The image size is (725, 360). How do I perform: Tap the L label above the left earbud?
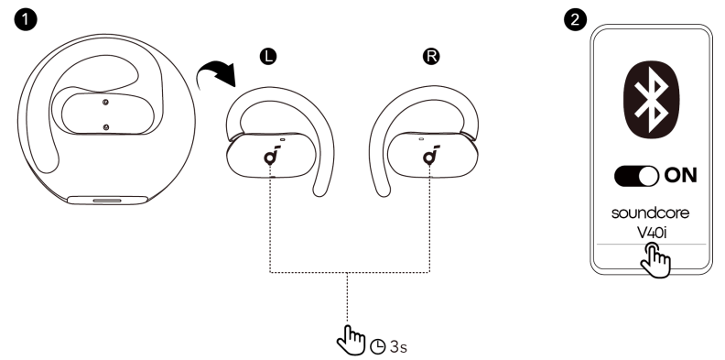coord(268,57)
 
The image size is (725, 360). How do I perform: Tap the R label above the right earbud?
coord(430,57)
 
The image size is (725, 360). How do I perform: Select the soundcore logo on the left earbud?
coord(271,157)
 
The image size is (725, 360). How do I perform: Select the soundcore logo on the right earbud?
coord(430,157)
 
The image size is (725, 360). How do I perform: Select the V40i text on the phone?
coord(651,232)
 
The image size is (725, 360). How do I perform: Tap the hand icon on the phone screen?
coord(655,259)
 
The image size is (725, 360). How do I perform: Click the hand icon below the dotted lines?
coord(351,341)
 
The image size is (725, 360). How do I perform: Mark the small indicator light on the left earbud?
coord(284,140)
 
